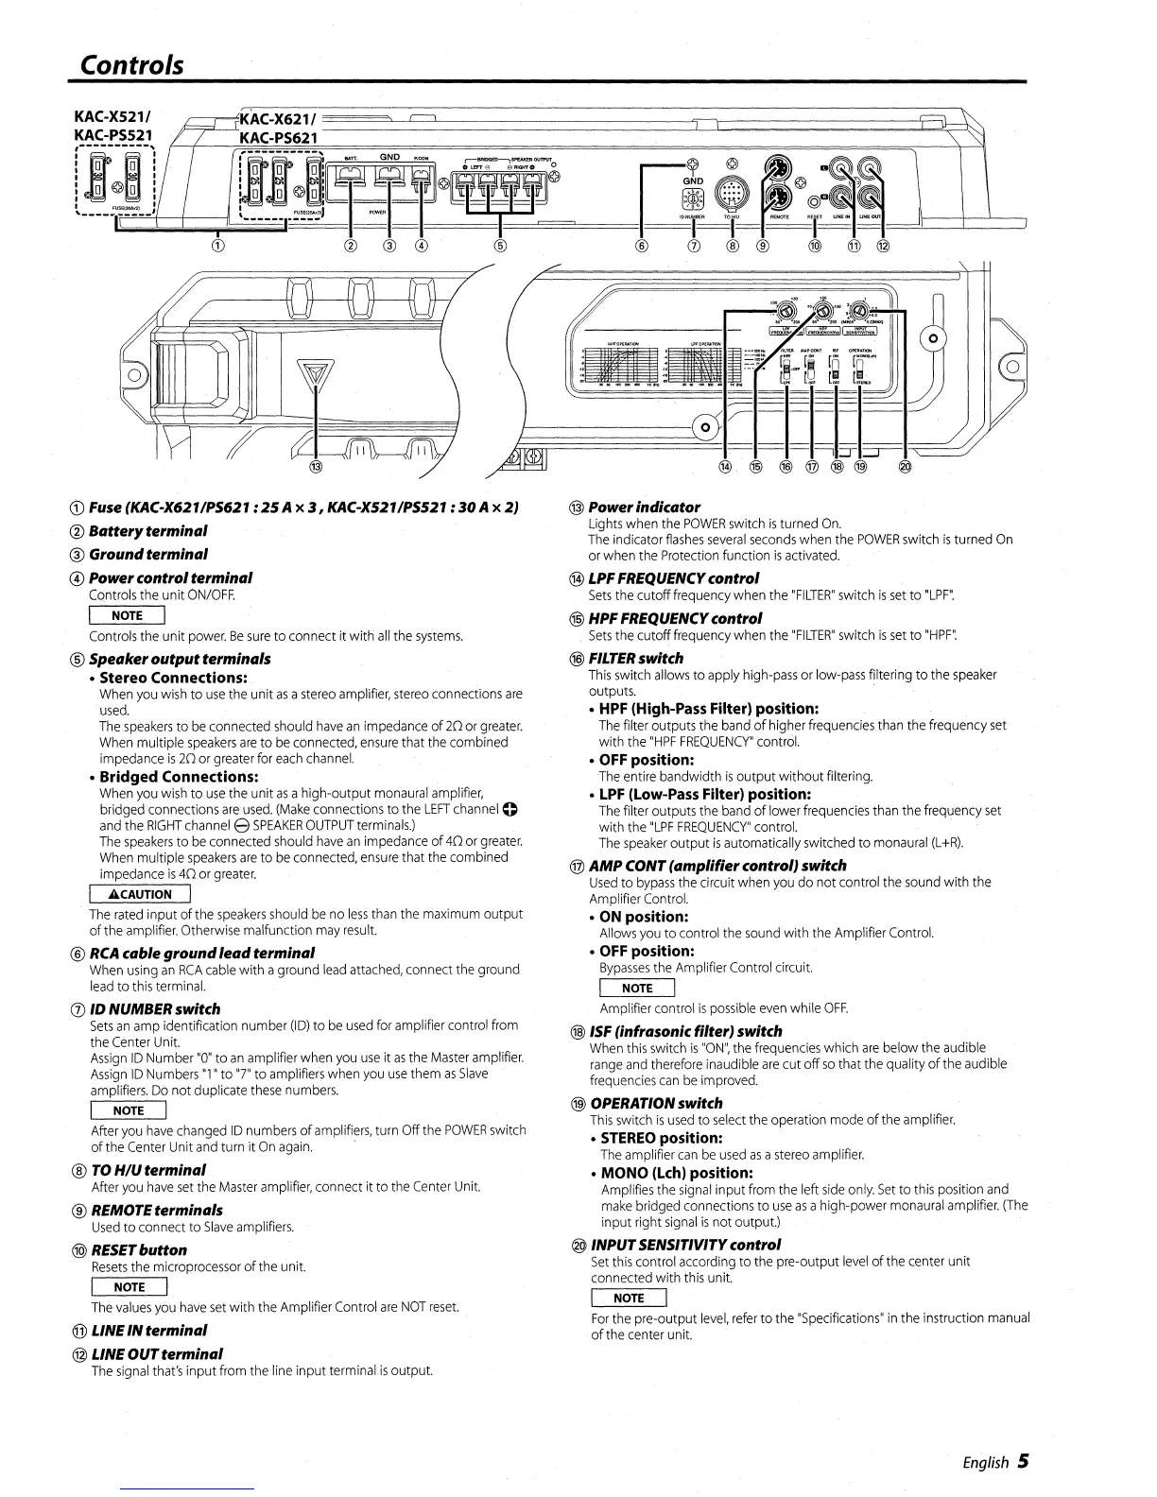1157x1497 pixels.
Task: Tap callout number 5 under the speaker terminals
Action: (x=500, y=248)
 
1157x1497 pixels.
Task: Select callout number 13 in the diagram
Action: (x=316, y=467)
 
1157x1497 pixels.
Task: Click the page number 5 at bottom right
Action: (x=1023, y=1461)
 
